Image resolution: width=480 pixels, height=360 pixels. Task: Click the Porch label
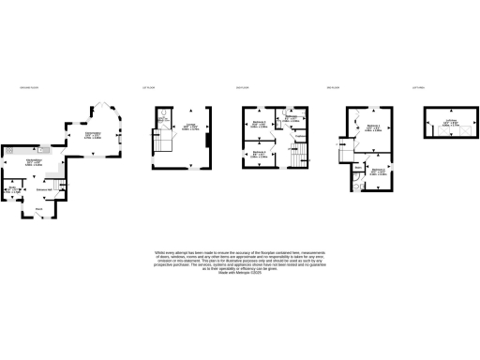coord(39,208)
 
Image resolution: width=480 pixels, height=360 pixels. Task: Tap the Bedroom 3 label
coord(258,124)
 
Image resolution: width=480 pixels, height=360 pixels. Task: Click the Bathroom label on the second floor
coord(291,118)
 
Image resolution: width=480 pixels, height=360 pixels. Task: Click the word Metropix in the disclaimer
coord(243,273)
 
